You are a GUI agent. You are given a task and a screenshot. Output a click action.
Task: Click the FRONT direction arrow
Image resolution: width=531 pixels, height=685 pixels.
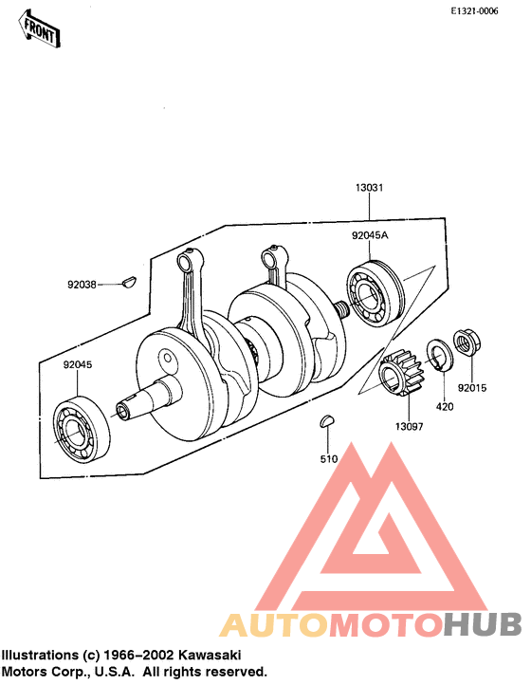pos(39,28)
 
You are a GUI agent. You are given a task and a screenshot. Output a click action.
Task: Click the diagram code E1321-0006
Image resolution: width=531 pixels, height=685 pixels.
pos(474,11)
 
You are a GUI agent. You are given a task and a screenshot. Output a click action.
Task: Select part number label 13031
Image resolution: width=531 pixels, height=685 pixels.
pos(370,188)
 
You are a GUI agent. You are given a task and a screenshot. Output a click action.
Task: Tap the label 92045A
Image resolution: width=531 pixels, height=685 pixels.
pos(370,235)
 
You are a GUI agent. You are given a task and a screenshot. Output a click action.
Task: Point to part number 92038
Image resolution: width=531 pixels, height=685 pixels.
pos(82,285)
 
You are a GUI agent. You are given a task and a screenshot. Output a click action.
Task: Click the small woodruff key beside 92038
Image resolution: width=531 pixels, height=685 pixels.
pos(130,281)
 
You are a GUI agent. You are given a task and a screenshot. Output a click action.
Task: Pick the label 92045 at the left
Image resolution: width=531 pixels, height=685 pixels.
pos(78,364)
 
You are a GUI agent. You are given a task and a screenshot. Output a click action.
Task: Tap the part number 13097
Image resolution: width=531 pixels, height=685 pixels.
pos(410,426)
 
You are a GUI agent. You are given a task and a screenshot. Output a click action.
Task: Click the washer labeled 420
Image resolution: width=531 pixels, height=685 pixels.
pos(440,355)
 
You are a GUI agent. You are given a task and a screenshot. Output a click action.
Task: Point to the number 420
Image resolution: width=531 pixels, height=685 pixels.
pos(445,407)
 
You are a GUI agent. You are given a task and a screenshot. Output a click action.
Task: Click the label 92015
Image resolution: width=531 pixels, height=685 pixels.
pos(472,388)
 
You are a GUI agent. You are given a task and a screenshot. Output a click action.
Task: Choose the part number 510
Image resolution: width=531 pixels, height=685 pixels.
pos(329,459)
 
